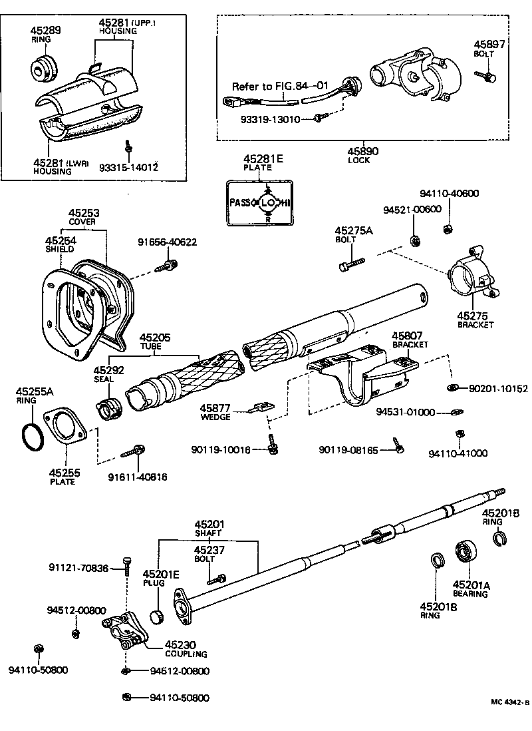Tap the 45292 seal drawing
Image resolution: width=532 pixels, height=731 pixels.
pyautogui.click(x=108, y=408)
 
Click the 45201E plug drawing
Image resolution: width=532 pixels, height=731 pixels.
pyautogui.click(x=157, y=615)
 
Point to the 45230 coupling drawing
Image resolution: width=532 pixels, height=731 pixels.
pyautogui.click(x=124, y=630)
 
